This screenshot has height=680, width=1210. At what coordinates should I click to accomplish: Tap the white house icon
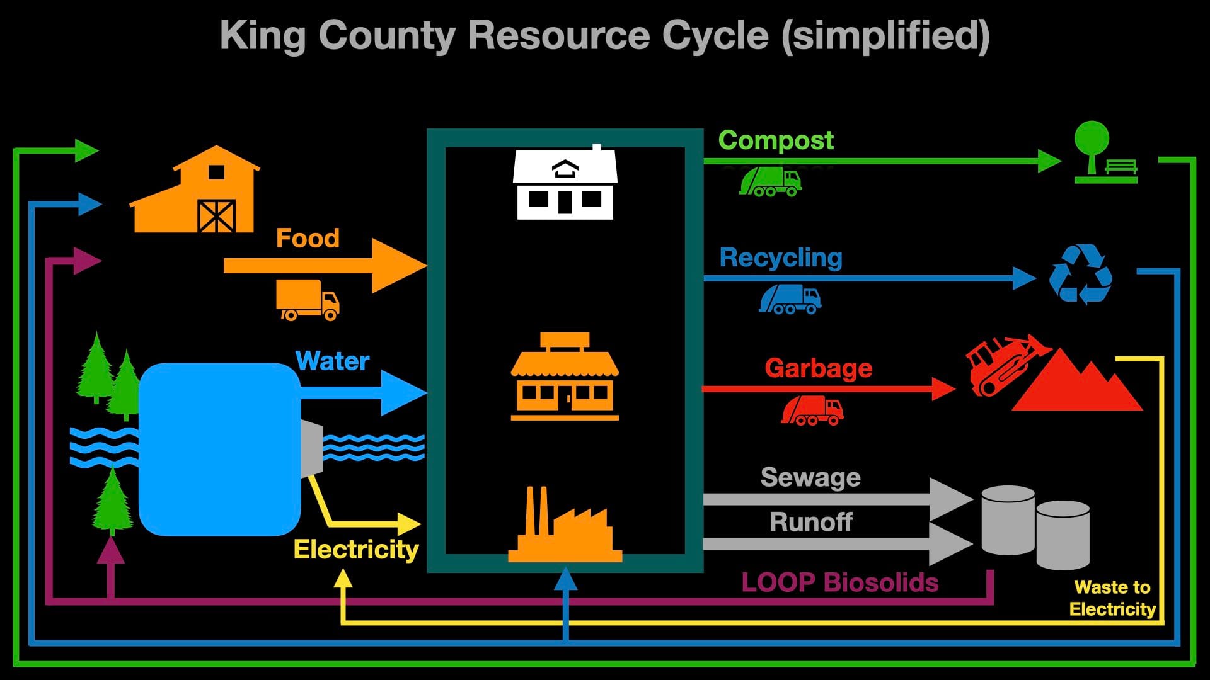coord(565,184)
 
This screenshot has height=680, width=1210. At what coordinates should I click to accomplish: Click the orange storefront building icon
coord(565,378)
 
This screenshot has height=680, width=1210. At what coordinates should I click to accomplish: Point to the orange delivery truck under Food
coord(308,300)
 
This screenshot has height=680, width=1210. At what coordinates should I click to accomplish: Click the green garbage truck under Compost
coord(770,182)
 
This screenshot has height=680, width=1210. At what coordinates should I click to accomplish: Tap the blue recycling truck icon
coord(790,299)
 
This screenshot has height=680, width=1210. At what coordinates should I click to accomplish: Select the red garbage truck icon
coord(812,411)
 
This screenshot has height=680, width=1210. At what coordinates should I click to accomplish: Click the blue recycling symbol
coord(1080,275)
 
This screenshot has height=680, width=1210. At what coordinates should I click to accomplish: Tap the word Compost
coord(776,140)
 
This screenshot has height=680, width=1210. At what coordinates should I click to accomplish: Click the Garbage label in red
coord(818,368)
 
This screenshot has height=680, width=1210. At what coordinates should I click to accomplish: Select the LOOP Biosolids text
coord(839,582)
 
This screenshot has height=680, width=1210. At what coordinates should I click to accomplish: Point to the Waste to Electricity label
coord(1112,598)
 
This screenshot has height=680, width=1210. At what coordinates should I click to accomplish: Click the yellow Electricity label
coord(356,550)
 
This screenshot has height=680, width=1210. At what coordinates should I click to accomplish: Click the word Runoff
coord(810,522)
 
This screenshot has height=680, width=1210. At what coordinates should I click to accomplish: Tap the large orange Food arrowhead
coord(397,266)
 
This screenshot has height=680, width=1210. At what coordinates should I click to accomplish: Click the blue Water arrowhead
coord(402,393)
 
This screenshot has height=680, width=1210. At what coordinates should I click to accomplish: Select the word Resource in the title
coord(558,35)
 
